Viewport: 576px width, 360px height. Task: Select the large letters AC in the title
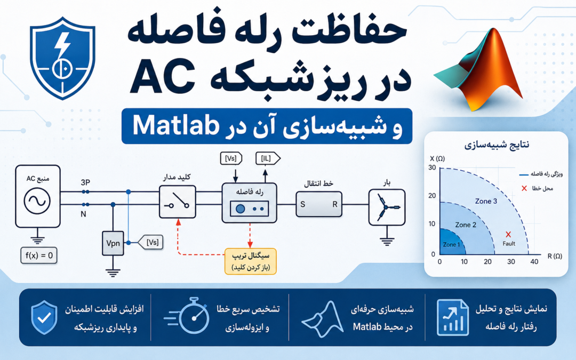[x=162, y=76]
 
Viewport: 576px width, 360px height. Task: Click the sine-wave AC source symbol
[x=37, y=201]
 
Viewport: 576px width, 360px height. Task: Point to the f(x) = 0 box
[x=39, y=255]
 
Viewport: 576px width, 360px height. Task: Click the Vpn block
[x=113, y=243]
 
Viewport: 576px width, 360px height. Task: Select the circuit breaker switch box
[x=178, y=202]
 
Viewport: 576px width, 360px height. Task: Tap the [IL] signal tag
[x=268, y=159]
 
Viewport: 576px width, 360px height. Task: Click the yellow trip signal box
[x=251, y=261]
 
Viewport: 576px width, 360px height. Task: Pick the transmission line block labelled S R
[x=319, y=204]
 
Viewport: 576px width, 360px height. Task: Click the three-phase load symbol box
[x=387, y=207]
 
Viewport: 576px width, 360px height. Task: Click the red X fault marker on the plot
[x=508, y=234]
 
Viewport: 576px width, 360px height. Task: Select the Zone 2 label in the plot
[x=466, y=225]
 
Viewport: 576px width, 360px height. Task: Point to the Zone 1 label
[x=452, y=245]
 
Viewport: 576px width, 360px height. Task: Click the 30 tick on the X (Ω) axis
[x=432, y=168]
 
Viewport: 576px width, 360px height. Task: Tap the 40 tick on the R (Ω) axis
[x=534, y=262]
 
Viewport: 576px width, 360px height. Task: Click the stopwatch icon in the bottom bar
[x=187, y=316]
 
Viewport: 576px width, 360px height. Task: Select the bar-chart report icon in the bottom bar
[x=453, y=317]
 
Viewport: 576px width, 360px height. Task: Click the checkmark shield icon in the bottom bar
[x=44, y=317]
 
